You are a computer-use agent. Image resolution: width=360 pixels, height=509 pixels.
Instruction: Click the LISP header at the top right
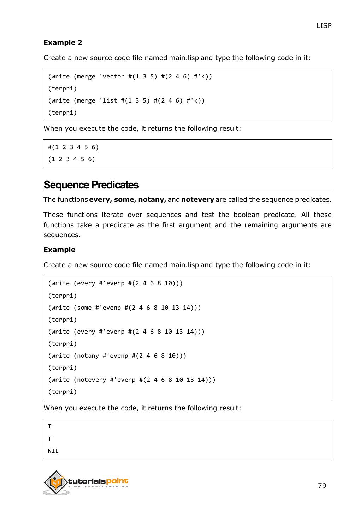click(x=324, y=25)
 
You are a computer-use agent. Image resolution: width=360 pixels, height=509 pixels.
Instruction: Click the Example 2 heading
click(x=63, y=43)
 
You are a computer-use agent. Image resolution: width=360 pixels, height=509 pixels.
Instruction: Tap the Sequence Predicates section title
click(x=91, y=185)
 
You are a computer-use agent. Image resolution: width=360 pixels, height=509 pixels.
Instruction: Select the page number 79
click(x=322, y=486)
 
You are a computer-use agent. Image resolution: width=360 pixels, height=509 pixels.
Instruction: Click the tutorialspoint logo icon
click(x=56, y=482)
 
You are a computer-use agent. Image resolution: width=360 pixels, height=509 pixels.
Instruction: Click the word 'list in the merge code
click(x=108, y=100)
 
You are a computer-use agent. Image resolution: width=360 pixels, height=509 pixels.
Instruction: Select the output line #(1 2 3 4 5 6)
click(x=73, y=147)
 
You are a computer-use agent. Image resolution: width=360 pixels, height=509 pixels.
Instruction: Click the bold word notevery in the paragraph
click(x=197, y=200)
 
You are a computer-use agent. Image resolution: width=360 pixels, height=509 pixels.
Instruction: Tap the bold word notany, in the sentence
click(x=152, y=200)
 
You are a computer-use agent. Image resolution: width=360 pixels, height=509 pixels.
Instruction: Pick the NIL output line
click(x=53, y=451)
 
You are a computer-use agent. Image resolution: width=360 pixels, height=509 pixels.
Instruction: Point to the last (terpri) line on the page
click(x=63, y=392)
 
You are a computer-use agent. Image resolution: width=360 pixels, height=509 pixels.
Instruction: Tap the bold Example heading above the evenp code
click(x=59, y=250)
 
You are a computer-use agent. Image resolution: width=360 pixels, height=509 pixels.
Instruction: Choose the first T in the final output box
click(x=50, y=427)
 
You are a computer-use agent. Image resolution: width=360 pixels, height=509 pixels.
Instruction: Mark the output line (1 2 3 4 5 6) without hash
click(x=71, y=159)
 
